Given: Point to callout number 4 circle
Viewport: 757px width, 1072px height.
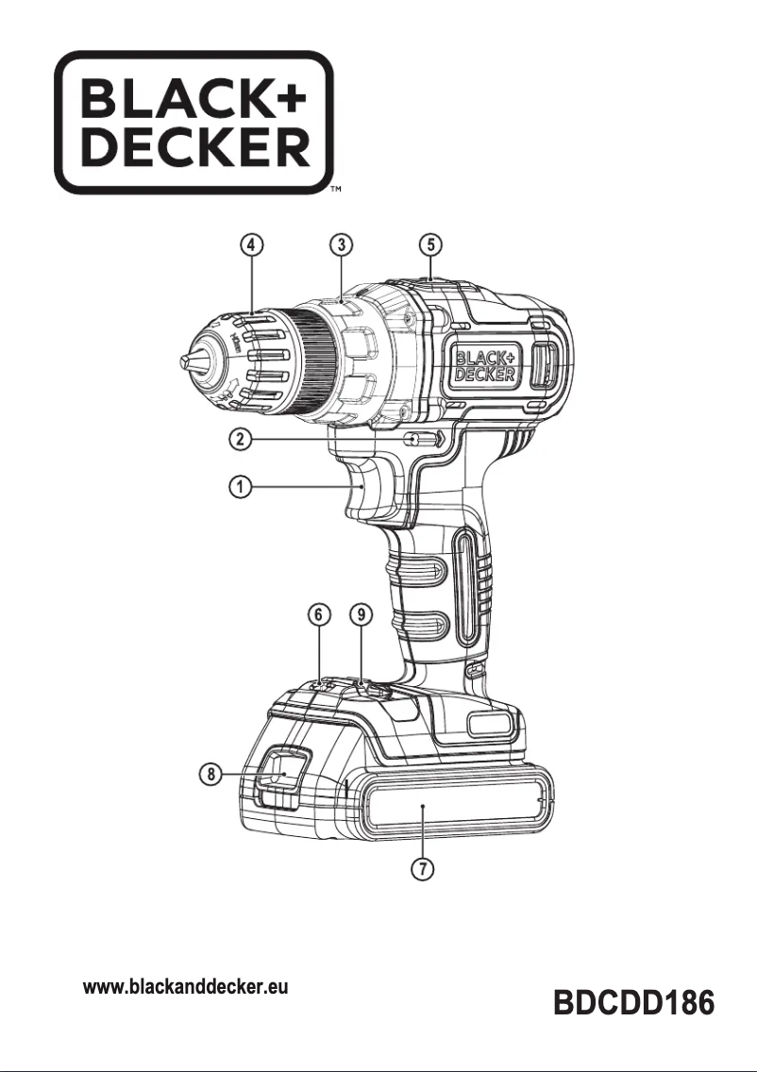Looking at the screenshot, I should click(x=251, y=244).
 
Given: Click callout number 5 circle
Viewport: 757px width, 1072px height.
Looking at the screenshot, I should click(x=430, y=244).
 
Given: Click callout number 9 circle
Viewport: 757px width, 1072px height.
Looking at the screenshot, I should click(x=361, y=613).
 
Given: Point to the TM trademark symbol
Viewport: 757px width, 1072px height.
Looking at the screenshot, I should click(x=334, y=192).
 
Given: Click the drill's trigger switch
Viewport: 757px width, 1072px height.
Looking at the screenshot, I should click(x=367, y=491).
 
